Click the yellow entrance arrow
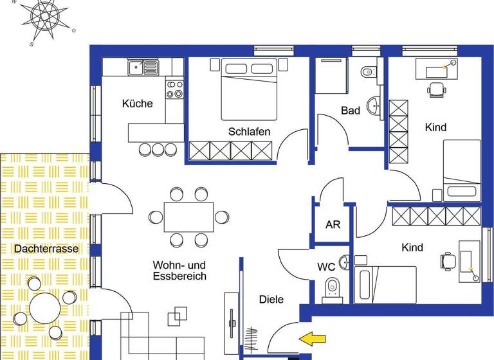coord(313,337)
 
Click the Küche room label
coord(138,104)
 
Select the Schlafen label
coord(249,132)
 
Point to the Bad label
coord(350,111)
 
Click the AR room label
coord(333,225)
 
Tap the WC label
coord(326,266)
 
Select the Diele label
coord(271,299)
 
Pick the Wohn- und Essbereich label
coord(179,270)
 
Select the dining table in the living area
coord(188,217)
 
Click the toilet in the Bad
coord(368,72)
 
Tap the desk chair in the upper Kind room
coord(437,89)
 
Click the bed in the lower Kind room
coord(385,283)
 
